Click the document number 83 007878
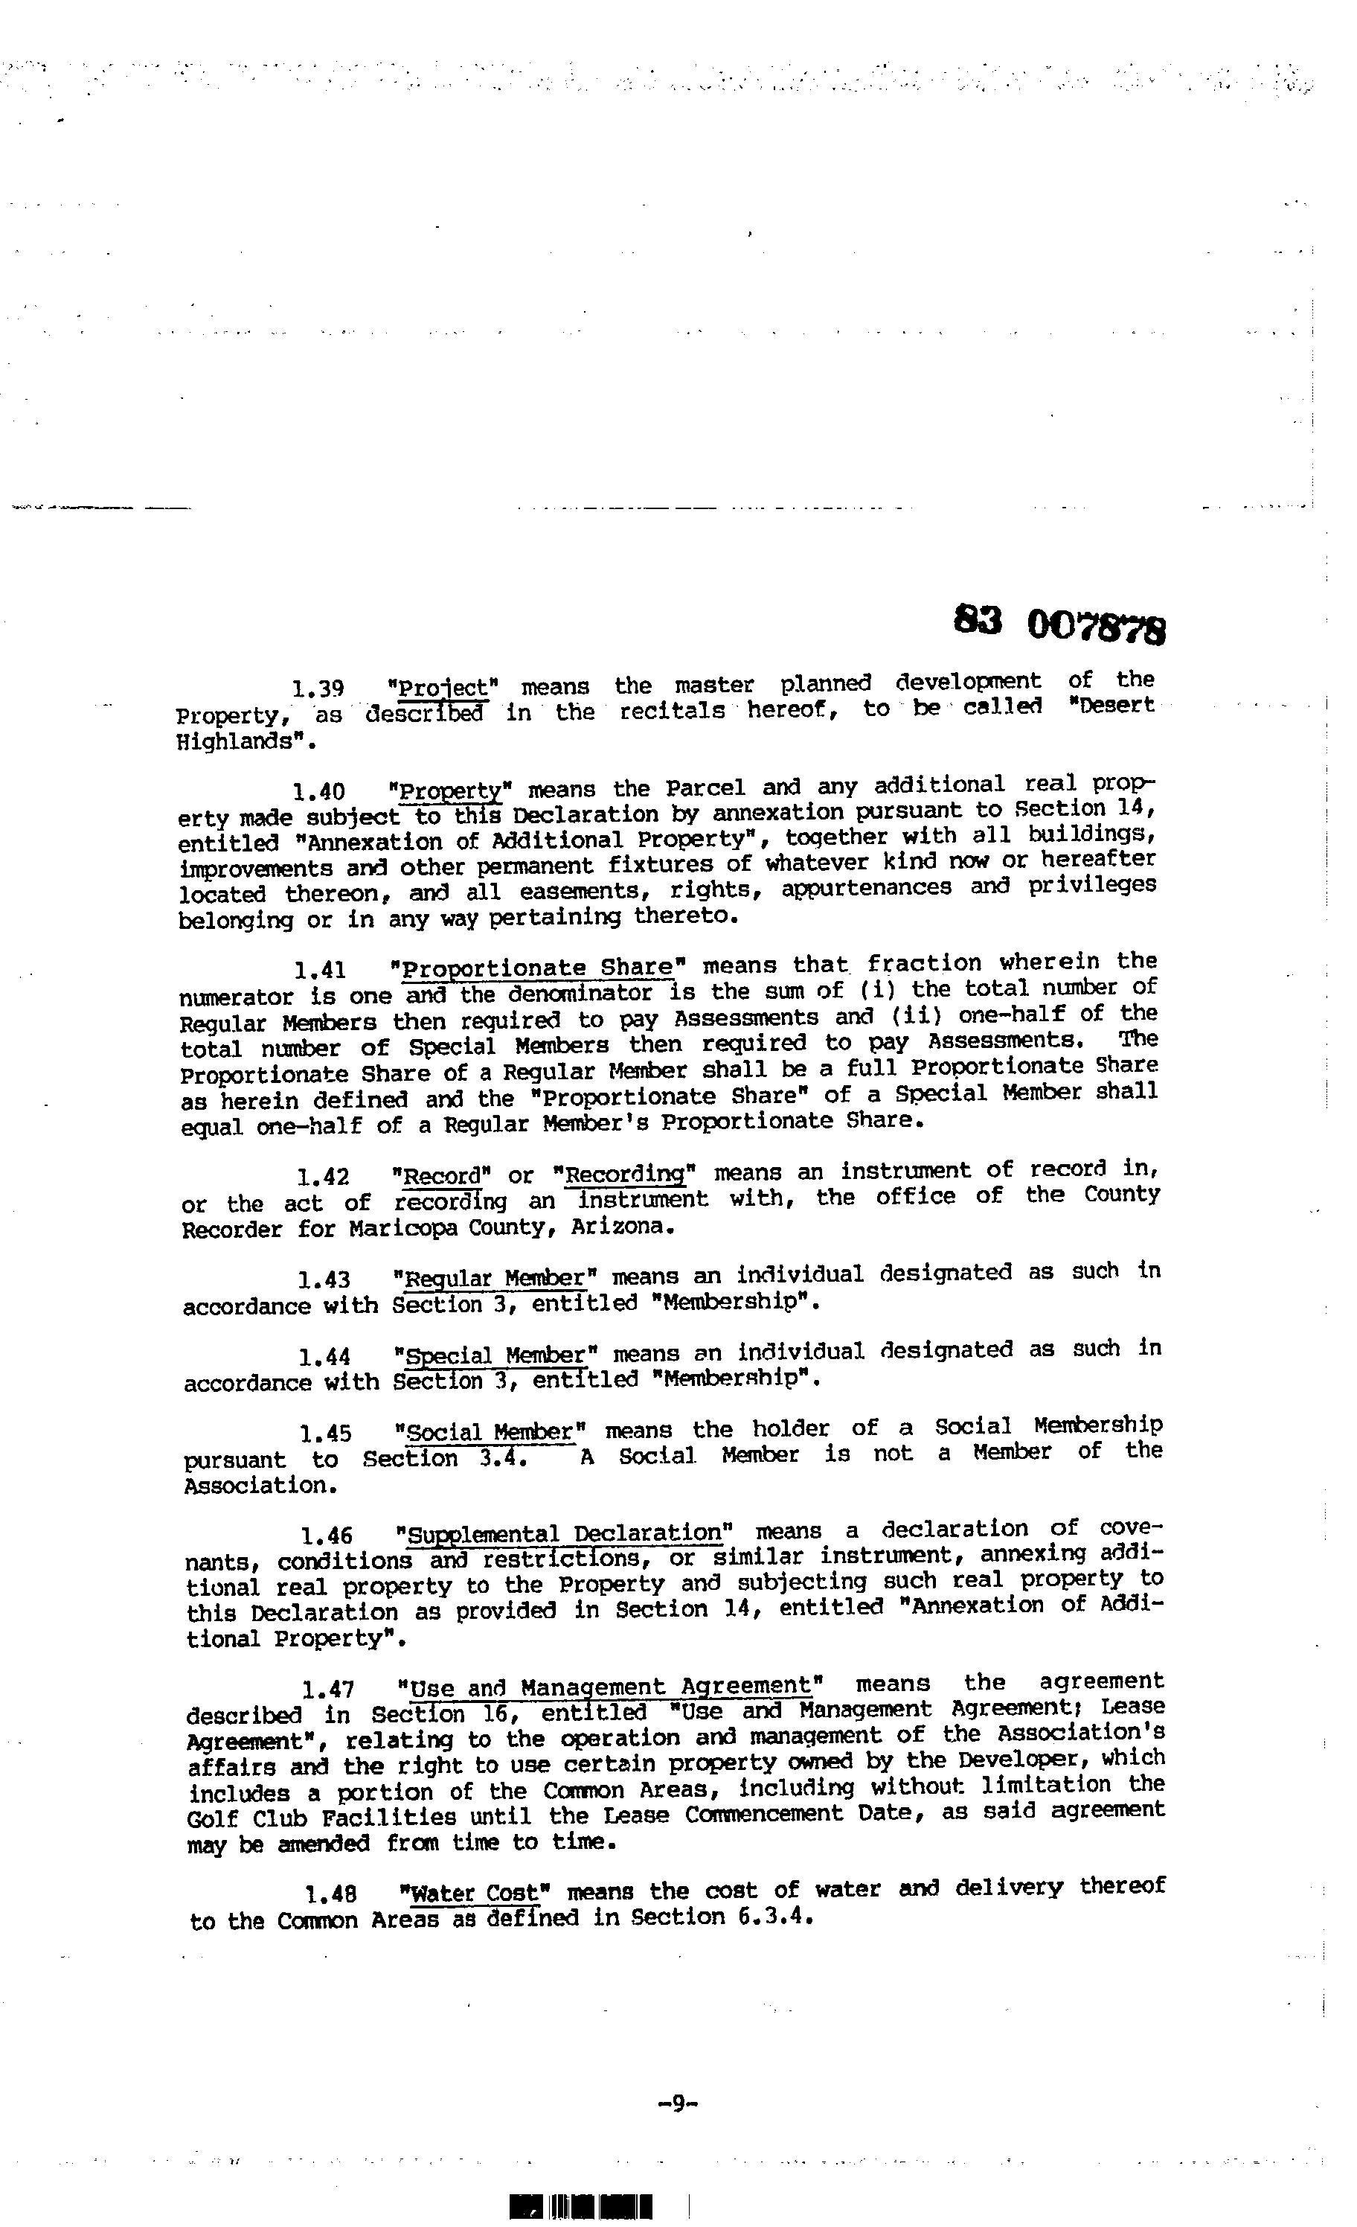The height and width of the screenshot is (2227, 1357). point(1059,624)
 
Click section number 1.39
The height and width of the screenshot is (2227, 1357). point(317,689)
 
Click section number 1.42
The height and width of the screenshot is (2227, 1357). point(323,1177)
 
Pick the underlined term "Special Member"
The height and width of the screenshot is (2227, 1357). point(496,1355)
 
